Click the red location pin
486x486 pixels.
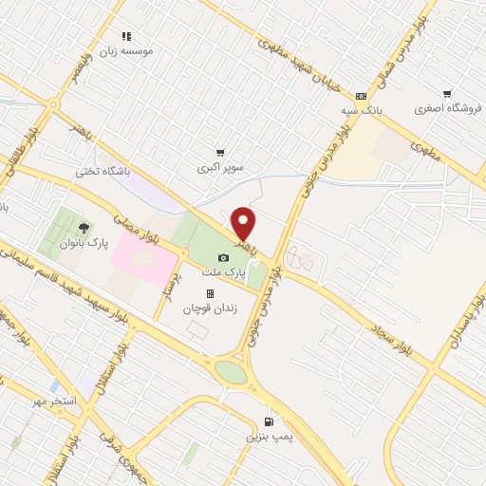(x=244, y=223)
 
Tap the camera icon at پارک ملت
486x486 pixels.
(x=223, y=257)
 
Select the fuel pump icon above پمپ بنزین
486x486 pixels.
(x=270, y=422)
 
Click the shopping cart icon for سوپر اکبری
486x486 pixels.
(x=220, y=153)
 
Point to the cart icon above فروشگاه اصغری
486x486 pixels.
(x=446, y=94)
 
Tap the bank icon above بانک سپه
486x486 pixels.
(x=361, y=96)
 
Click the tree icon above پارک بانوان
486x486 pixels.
(x=84, y=228)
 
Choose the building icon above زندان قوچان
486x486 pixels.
(x=210, y=293)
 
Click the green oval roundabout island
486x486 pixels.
(x=230, y=370)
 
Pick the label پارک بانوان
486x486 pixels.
(x=84, y=243)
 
